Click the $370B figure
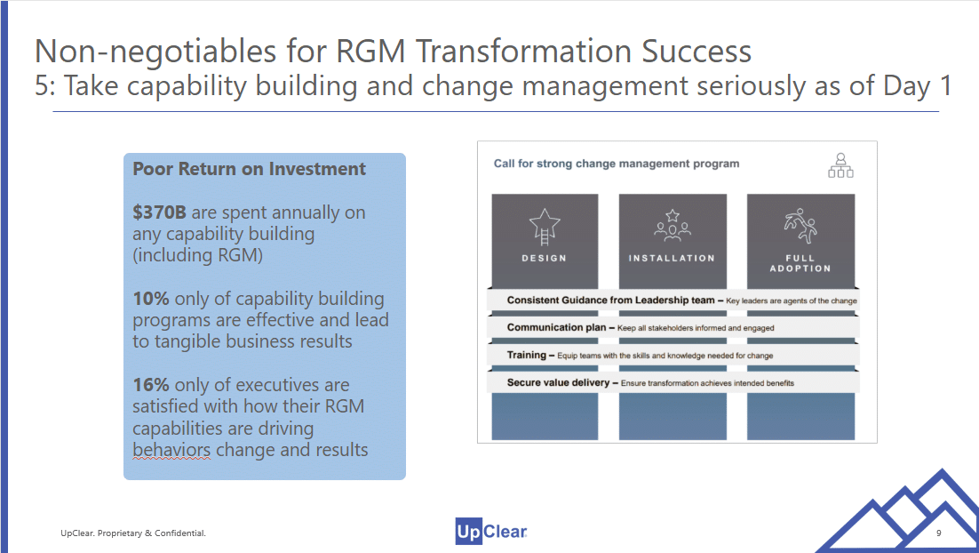[x=159, y=212]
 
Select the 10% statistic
[x=150, y=299]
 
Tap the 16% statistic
[x=150, y=385]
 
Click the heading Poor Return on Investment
[x=249, y=169]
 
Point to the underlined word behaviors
[x=171, y=450]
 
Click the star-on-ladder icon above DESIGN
[x=545, y=227]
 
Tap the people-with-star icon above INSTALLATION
[x=673, y=226]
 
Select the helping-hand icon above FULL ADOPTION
[x=800, y=226]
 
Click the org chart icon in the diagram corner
[x=840, y=165]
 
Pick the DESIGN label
[x=545, y=258]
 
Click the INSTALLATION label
[x=672, y=258]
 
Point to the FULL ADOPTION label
[x=800, y=263]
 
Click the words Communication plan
[x=556, y=327]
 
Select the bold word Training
[x=526, y=355]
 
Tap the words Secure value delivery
[x=558, y=382]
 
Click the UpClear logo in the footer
[x=491, y=532]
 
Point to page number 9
[x=938, y=533]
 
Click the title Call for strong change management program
[x=617, y=164]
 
